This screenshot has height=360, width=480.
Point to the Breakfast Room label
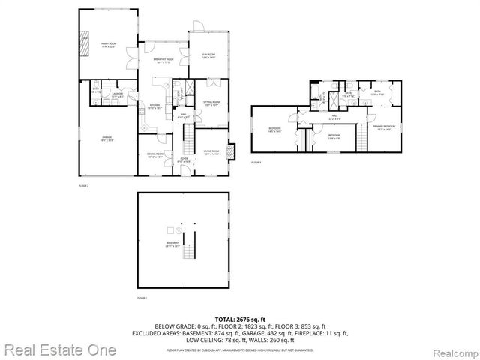point(163,61)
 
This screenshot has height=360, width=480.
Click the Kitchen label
point(155,106)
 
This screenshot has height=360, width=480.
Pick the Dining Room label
point(155,155)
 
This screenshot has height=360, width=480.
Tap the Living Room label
point(211,152)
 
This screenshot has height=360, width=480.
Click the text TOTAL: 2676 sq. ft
point(240,318)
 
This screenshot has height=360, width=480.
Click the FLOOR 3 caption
point(256,162)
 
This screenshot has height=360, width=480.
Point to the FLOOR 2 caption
point(84,184)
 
